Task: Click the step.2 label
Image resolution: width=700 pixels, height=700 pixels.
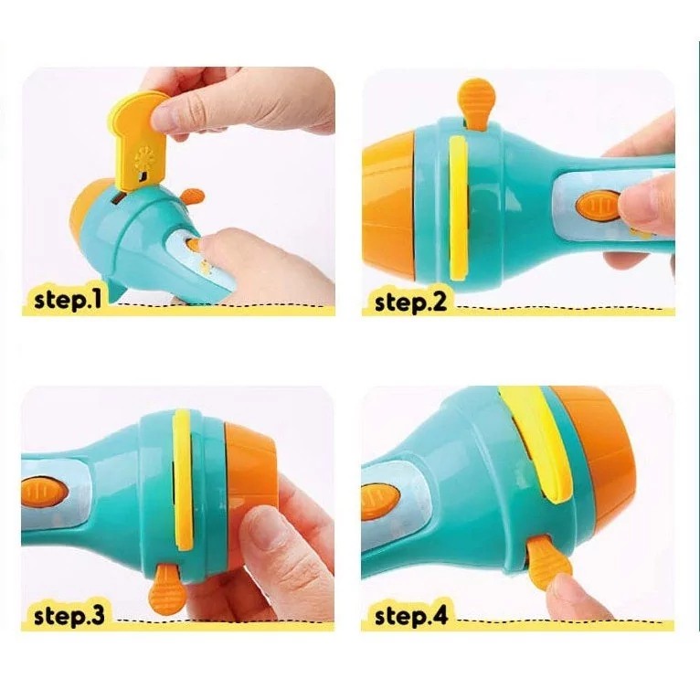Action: point(410,302)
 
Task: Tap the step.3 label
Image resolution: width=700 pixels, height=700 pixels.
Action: point(69,615)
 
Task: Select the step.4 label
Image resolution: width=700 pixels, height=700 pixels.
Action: point(410,616)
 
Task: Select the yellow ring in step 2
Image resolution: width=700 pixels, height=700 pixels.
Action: point(459,209)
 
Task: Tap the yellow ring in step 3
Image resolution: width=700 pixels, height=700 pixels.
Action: point(182,478)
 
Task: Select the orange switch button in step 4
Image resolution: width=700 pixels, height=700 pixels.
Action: point(380,504)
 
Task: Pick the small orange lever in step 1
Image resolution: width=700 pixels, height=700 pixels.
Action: point(193,196)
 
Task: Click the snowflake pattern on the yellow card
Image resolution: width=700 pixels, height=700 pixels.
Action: point(144,157)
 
